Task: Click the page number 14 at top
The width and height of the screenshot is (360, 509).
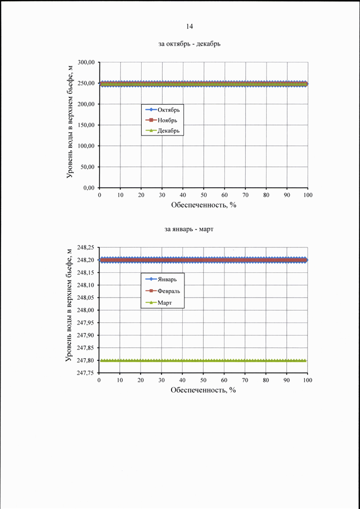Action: click(x=190, y=26)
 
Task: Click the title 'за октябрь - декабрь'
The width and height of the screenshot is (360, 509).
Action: click(x=190, y=44)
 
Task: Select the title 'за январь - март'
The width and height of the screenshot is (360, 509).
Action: click(x=188, y=230)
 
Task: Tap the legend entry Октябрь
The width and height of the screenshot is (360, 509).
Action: click(x=163, y=110)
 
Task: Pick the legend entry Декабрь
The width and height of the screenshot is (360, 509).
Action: click(x=163, y=130)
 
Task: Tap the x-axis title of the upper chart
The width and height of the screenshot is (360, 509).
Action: click(x=204, y=205)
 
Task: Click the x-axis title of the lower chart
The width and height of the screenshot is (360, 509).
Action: click(x=203, y=390)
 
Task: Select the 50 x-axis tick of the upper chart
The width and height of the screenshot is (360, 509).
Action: click(x=204, y=195)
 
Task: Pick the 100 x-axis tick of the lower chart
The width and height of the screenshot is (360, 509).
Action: click(x=308, y=380)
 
